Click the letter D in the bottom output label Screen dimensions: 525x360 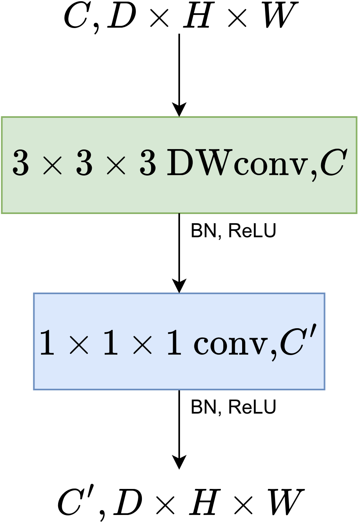coord(127,502)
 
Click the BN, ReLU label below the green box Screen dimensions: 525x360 coord(233,231)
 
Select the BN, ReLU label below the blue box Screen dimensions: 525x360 coord(233,408)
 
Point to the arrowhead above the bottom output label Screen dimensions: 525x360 coord(179,462)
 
